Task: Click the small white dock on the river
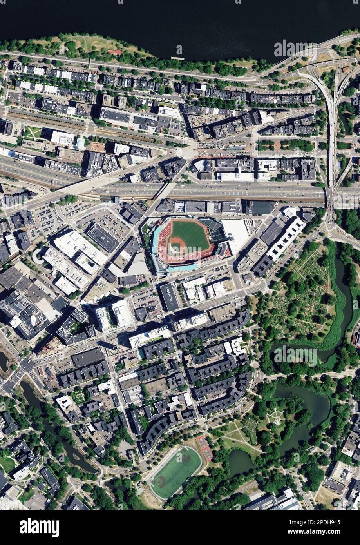pos(177,58)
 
